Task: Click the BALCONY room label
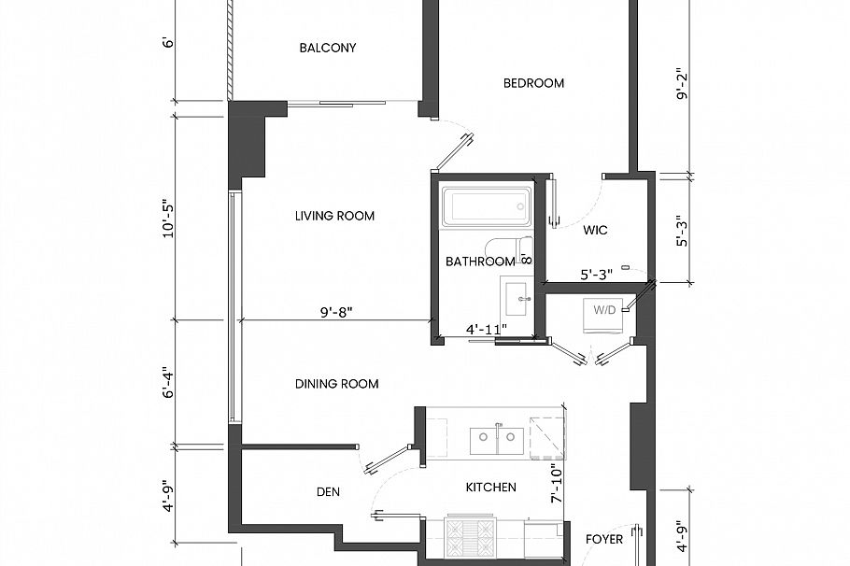tap(327, 48)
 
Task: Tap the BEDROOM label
tap(533, 83)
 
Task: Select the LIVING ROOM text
tap(334, 216)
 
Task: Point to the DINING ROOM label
tap(336, 384)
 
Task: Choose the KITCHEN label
tap(490, 488)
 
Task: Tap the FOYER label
tap(603, 540)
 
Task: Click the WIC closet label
tap(596, 230)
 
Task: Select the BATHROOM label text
tap(479, 262)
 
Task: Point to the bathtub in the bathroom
tap(486, 206)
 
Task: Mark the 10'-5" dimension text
tap(168, 218)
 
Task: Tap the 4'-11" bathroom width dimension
tap(486, 329)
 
